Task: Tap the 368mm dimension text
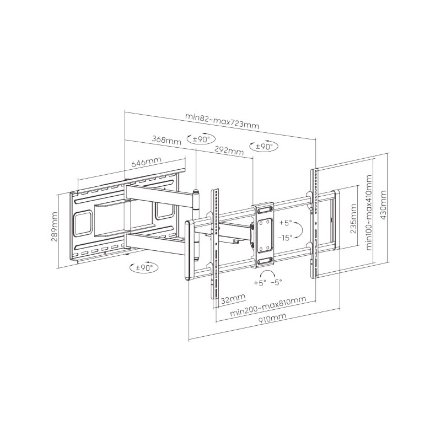pos(166,141)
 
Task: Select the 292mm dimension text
pos(228,150)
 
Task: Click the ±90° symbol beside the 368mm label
pos(200,139)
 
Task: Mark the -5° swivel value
pos(276,282)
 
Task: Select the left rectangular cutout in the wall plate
pos(84,223)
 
